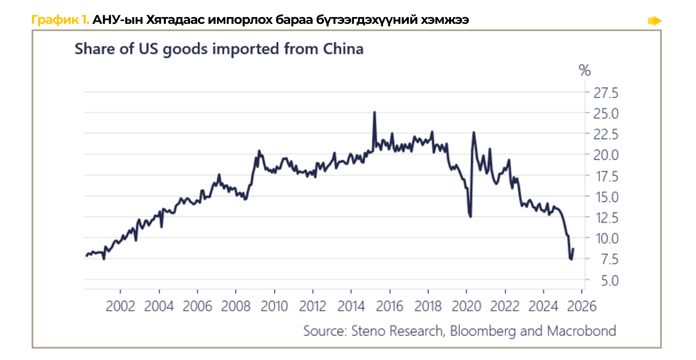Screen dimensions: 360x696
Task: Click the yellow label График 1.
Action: [60, 20]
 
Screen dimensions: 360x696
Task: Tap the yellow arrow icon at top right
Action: [655, 21]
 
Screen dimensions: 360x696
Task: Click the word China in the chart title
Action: [343, 49]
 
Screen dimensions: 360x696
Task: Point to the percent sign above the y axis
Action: [584, 70]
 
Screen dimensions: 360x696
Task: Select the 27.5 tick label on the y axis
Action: [606, 93]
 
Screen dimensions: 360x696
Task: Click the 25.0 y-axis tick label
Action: [606, 114]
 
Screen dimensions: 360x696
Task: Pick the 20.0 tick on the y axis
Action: [606, 155]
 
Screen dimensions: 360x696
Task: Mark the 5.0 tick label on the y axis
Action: [609, 281]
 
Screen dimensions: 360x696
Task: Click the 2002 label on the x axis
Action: [120, 306]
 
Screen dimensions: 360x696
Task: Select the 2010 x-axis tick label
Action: [274, 306]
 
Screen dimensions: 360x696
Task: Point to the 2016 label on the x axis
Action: [389, 306]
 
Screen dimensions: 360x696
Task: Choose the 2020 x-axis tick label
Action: [466, 306]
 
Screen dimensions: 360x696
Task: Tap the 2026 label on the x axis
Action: [582, 306]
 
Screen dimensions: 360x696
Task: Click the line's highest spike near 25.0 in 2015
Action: [375, 112]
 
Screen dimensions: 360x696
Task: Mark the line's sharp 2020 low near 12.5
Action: [471, 217]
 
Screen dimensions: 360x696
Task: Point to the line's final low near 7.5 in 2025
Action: [571, 259]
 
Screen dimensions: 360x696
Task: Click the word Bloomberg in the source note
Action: [483, 331]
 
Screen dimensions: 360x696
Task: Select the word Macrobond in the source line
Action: [582, 331]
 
